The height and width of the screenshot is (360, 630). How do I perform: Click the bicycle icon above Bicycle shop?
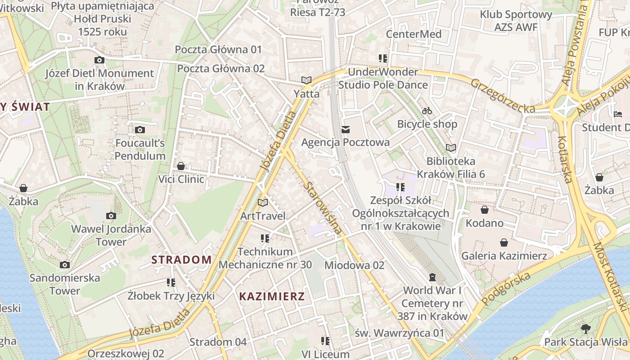[x=427, y=110]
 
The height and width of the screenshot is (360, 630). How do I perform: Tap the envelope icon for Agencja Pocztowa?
[x=345, y=130]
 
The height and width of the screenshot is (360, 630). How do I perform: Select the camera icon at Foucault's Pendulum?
[x=140, y=130]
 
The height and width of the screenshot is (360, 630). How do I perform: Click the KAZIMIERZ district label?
[x=272, y=297]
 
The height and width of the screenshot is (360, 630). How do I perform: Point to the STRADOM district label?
[x=181, y=260]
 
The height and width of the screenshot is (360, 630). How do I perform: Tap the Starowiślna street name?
[x=322, y=208]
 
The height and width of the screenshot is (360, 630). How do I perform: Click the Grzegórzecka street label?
[x=503, y=96]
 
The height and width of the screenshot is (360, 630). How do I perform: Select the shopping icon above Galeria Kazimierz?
[x=504, y=243]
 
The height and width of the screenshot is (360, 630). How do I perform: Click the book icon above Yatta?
[x=306, y=81]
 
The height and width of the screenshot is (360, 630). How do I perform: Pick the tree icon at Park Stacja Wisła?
[x=585, y=329]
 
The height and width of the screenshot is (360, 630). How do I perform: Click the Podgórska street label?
[x=506, y=288]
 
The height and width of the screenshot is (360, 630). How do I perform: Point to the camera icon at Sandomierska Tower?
[x=65, y=265]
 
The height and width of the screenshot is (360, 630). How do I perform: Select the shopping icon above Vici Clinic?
[x=181, y=166]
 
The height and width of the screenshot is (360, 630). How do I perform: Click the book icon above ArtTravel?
[x=263, y=203]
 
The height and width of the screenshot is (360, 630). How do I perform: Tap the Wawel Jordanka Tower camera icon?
[x=111, y=216]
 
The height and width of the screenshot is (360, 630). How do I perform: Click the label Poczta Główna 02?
[x=220, y=68]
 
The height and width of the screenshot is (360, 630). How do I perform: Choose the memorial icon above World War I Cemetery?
[x=432, y=277]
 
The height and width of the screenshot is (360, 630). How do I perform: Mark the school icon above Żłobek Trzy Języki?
[x=171, y=283]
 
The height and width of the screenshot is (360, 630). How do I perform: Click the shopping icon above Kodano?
[x=484, y=210]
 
